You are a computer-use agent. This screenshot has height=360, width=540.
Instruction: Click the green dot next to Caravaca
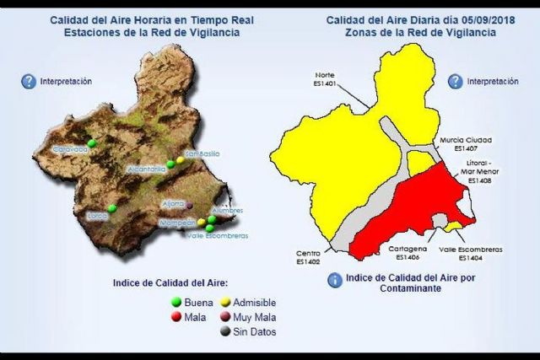tap(91, 143)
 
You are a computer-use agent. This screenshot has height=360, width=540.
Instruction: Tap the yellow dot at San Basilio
tap(181, 159)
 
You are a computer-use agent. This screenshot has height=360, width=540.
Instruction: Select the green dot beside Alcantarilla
tap(170, 164)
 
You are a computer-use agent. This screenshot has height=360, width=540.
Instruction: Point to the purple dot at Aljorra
tap(190, 205)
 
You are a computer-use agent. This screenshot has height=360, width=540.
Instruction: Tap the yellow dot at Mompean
tap(201, 223)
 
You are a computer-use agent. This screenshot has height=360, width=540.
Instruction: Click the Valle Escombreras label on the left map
tap(219, 236)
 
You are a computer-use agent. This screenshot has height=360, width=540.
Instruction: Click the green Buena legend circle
tap(177, 302)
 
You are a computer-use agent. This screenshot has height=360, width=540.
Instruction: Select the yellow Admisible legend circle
tap(226, 302)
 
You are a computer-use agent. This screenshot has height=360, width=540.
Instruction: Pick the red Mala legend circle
tap(177, 317)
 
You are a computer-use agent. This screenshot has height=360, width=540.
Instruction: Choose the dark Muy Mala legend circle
tap(226, 317)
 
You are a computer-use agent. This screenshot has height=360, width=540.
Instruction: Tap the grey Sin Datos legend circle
tap(226, 331)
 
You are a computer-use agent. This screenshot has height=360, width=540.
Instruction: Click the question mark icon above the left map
tap(27, 82)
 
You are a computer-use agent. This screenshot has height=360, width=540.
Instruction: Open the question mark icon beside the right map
tap(455, 82)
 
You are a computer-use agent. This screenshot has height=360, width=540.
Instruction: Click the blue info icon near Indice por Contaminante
tap(335, 280)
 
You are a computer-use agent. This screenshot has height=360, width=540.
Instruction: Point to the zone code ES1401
tap(325, 83)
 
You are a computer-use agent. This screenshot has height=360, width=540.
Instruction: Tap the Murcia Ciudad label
tap(466, 140)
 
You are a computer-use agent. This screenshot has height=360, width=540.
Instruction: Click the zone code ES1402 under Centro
tap(308, 262)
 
